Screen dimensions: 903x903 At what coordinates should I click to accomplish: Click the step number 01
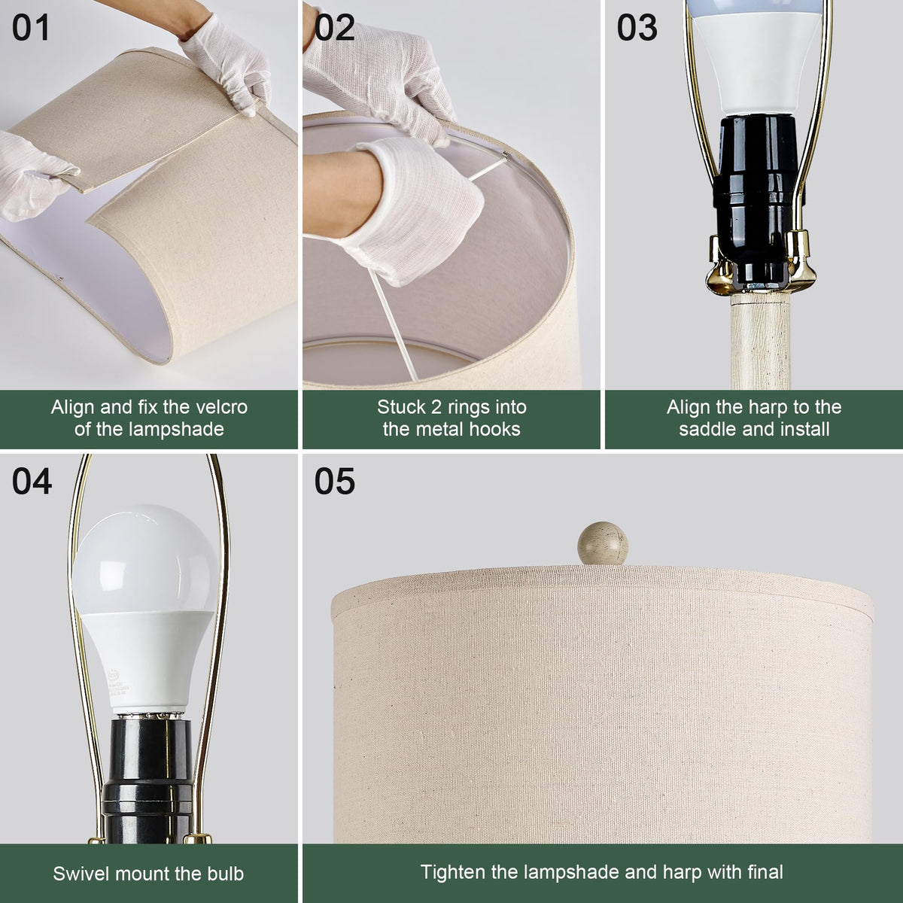(x=30, y=28)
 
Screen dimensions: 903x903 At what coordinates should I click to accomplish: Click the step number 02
(x=335, y=28)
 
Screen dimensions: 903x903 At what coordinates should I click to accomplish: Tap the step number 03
(x=637, y=28)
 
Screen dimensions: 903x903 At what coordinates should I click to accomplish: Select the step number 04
(x=32, y=482)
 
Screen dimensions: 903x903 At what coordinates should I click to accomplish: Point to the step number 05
(x=335, y=482)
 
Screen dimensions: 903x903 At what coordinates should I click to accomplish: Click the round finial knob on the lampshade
(x=603, y=543)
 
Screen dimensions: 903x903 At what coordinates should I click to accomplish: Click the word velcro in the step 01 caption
(x=222, y=407)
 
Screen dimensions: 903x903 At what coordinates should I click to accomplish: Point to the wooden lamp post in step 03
(x=760, y=342)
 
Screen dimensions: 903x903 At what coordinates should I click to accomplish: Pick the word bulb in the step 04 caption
(x=224, y=874)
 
